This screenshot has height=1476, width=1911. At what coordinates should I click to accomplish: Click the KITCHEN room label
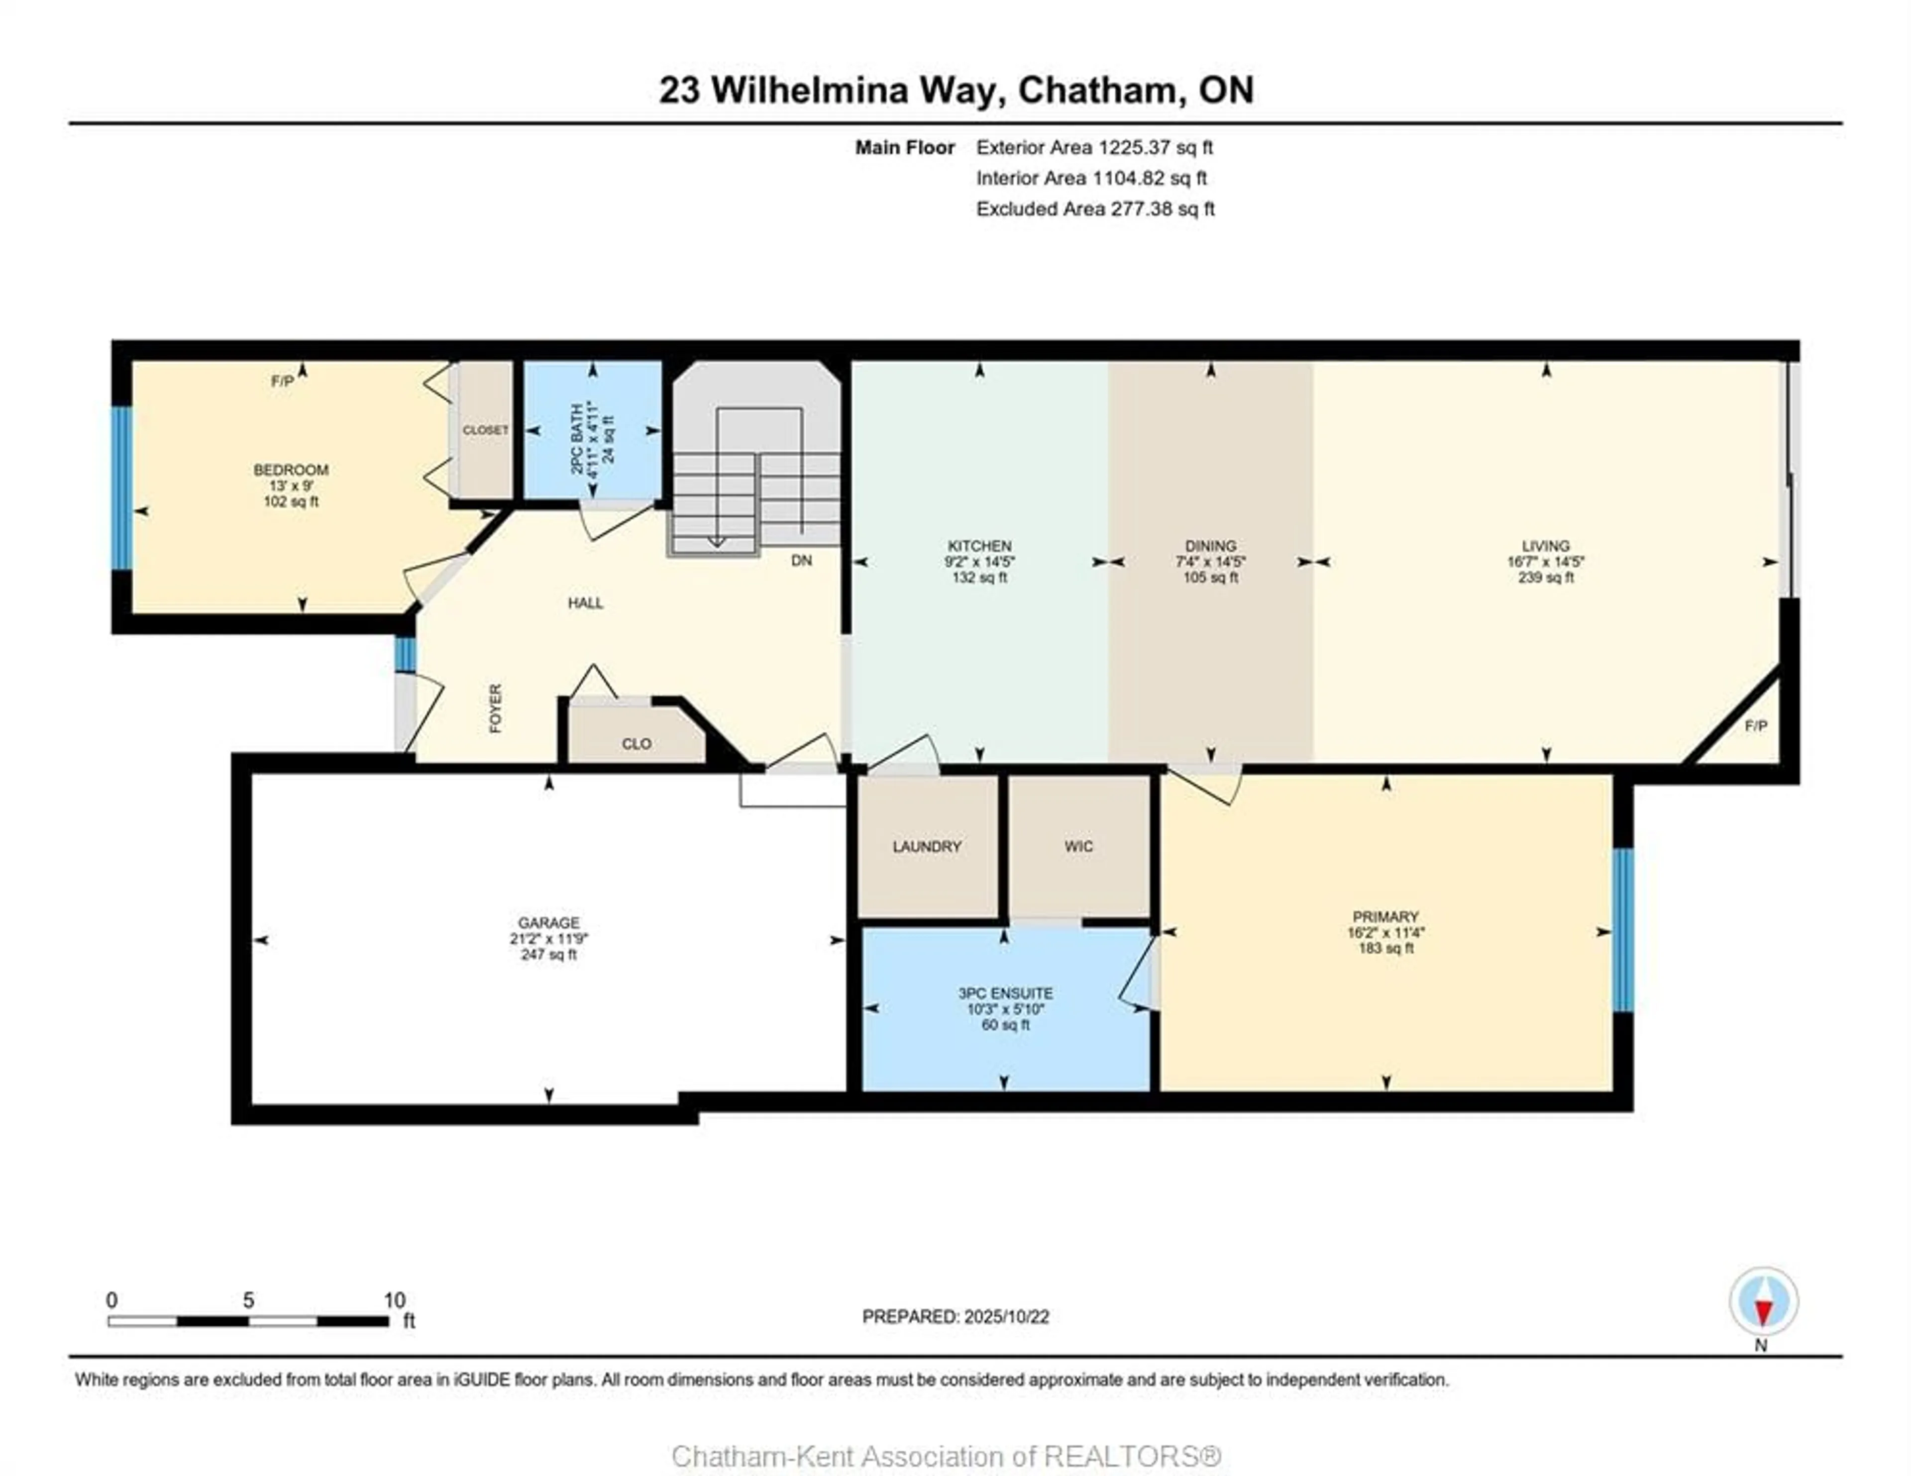(x=979, y=546)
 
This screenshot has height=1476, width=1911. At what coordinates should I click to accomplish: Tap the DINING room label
(x=1210, y=546)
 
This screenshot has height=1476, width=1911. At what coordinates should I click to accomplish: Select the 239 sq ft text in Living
(x=1545, y=578)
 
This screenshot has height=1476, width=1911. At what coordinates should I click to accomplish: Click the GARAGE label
(x=548, y=923)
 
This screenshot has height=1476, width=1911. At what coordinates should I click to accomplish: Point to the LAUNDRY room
(x=927, y=846)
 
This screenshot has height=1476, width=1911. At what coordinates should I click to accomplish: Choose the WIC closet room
(x=1078, y=846)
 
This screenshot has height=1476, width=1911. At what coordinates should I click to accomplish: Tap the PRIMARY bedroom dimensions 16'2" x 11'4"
(x=1385, y=933)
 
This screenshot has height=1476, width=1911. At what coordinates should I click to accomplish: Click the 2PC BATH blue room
(x=592, y=430)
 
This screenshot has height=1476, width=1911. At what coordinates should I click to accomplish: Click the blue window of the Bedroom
(x=121, y=488)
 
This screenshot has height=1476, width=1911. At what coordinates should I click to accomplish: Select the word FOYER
(x=495, y=708)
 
